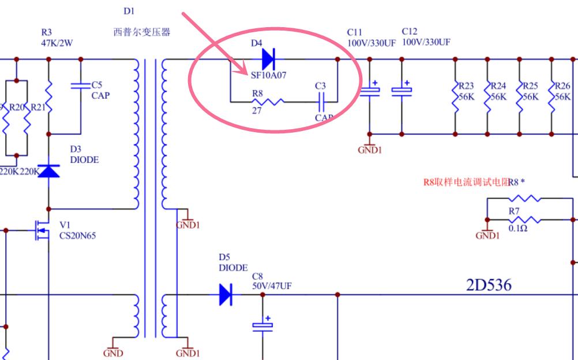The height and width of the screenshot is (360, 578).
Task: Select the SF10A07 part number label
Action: click(x=268, y=74)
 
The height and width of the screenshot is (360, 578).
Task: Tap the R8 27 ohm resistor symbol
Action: click(x=271, y=102)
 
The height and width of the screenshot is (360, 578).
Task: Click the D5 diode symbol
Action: click(x=226, y=294)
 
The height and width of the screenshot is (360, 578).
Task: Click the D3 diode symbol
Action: click(x=48, y=170)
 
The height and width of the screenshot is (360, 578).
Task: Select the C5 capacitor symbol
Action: click(x=80, y=86)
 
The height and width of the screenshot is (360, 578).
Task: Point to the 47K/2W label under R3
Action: click(x=57, y=43)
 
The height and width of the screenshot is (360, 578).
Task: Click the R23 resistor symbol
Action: click(x=455, y=96)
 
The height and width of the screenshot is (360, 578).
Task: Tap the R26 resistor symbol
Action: click(x=552, y=96)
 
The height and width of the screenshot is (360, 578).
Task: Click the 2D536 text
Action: click(x=489, y=284)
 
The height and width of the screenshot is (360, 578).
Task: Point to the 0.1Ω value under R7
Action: click(x=517, y=228)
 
